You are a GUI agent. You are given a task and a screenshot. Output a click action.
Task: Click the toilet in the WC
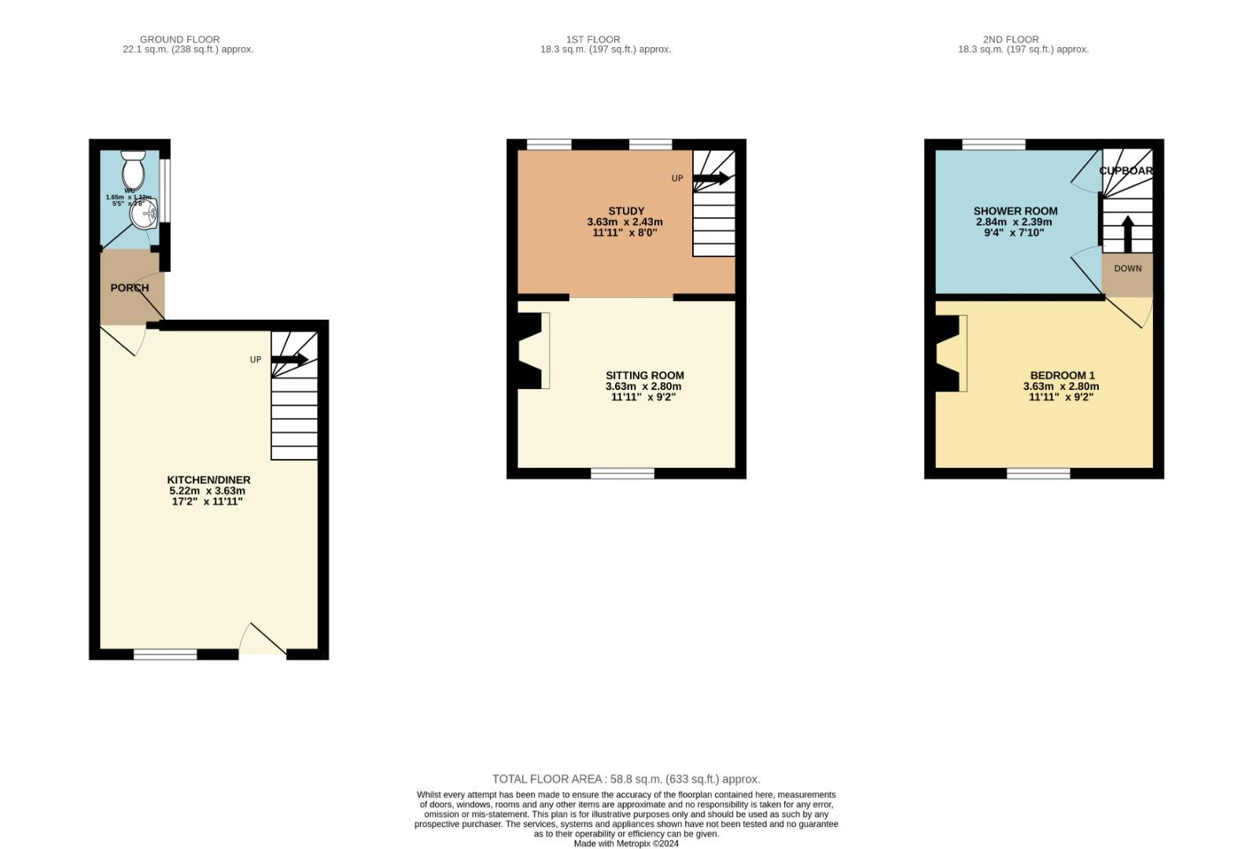click(x=133, y=170)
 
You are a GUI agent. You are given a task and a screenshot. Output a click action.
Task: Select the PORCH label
click(x=130, y=288)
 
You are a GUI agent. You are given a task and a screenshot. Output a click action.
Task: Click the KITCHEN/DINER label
click(x=208, y=480)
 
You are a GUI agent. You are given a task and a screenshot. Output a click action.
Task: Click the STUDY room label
click(x=626, y=211)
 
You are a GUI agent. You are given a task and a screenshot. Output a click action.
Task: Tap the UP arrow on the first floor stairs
click(x=711, y=178)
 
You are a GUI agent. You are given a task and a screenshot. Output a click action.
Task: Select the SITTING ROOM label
click(x=644, y=376)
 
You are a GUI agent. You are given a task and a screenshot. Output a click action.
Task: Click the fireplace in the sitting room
click(x=533, y=350)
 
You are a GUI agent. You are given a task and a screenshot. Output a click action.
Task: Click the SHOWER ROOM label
click(x=1015, y=211)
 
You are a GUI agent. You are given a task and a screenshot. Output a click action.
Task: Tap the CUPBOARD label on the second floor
click(x=1126, y=171)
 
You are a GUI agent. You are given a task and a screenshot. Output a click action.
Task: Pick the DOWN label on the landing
click(x=1127, y=269)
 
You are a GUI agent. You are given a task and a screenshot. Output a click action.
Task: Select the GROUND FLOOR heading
click(x=179, y=39)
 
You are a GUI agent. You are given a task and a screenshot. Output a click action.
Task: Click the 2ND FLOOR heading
click(x=1011, y=39)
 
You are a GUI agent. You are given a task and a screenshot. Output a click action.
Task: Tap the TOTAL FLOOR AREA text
click(x=626, y=779)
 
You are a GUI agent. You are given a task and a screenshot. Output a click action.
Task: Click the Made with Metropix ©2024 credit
click(x=626, y=843)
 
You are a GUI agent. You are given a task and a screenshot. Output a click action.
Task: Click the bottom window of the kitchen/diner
click(x=165, y=654)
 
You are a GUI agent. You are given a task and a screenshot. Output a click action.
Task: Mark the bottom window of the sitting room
click(x=622, y=473)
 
